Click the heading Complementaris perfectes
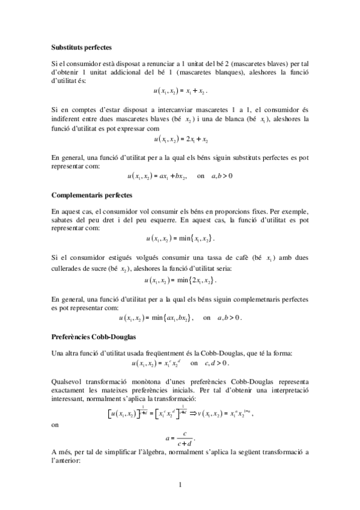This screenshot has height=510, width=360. (91, 195)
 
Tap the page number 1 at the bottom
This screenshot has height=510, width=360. (180, 484)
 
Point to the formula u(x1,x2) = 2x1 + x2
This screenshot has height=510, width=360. (181, 140)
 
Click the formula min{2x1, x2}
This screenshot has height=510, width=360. (180, 280)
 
